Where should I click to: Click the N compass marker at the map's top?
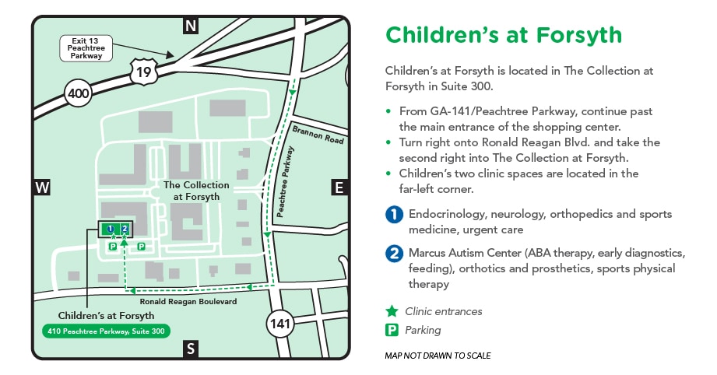[191, 26]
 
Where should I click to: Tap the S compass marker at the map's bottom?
[191, 349]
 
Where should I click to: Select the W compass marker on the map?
[42, 187]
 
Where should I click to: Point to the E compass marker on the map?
[339, 187]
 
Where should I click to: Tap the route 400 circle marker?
[79, 94]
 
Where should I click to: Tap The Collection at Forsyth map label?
[196, 191]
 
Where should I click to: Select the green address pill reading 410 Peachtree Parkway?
[106, 330]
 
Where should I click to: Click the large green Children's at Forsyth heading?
[504, 35]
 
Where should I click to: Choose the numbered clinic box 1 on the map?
[111, 229]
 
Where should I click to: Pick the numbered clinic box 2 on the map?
[125, 229]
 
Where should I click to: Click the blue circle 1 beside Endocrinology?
[395, 215]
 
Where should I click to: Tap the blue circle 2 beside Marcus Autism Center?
[395, 254]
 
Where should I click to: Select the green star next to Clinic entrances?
[392, 311]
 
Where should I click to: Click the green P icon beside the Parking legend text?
[392, 330]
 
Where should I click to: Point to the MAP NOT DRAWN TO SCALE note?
[438, 356]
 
